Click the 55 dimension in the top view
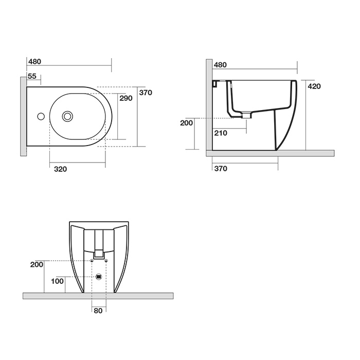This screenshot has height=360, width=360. click(32, 76)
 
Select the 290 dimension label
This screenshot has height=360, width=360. click(126, 98)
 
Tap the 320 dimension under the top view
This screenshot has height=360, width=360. click(60, 169)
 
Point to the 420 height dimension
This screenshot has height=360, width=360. click(314, 86)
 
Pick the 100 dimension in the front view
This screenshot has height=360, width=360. click(57, 281)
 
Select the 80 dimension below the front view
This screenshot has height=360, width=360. click(98, 310)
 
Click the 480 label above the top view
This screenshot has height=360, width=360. click(34, 61)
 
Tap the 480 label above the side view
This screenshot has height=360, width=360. click(220, 65)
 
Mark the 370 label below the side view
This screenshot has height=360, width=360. click(220, 169)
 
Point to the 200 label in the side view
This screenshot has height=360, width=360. click(186, 123)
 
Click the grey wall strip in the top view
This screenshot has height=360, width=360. click(23, 116)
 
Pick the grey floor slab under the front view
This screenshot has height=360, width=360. click(98, 296)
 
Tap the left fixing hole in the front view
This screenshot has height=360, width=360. click(92, 261)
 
